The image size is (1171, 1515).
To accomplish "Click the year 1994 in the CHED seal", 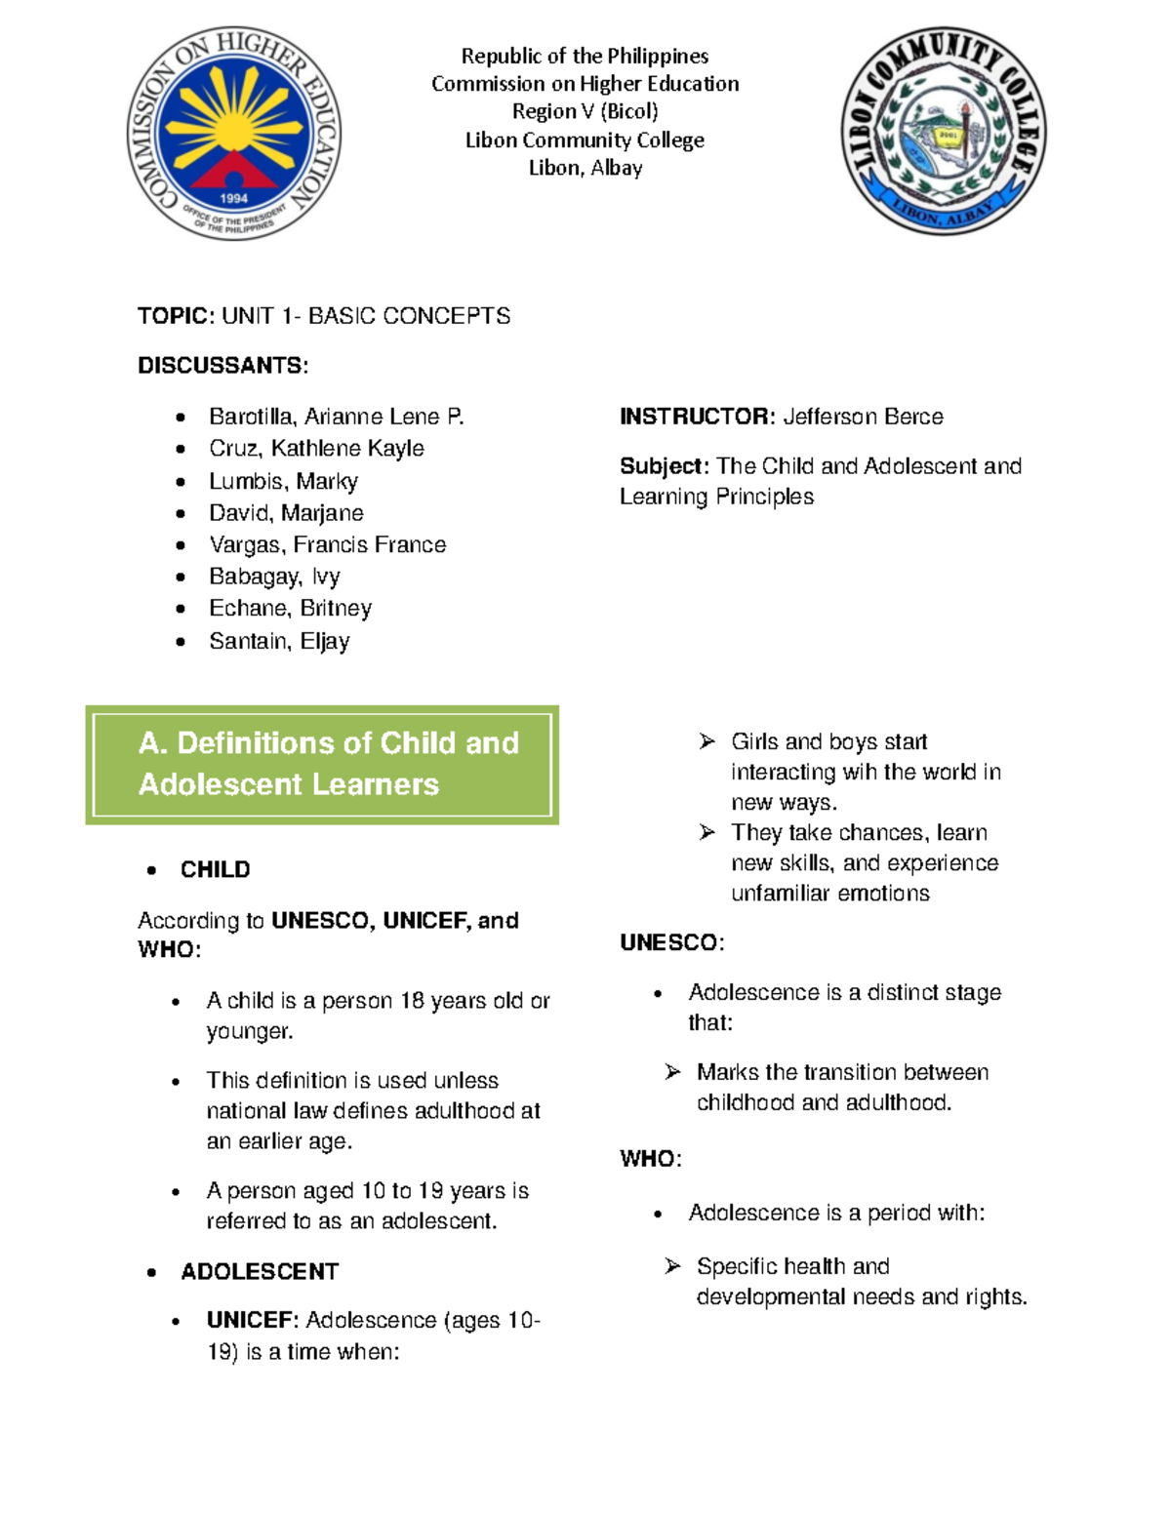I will [233, 198].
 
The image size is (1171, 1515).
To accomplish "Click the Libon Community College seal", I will [944, 131].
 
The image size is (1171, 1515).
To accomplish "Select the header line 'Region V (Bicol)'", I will [585, 111].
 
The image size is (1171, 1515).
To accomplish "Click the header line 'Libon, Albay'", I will [585, 168].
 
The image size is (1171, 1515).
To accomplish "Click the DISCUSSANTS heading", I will [222, 366].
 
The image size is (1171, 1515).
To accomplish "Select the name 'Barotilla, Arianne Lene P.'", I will [336, 417].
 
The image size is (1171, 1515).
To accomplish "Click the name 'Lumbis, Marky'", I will [283, 481].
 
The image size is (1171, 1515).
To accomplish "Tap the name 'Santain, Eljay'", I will [279, 641].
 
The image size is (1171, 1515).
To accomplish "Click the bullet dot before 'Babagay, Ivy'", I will [181, 578].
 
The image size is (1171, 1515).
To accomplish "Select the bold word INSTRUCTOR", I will [697, 417].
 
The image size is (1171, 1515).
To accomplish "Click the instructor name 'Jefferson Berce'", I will [863, 417].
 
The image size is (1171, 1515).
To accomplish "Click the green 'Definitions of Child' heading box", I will [322, 764].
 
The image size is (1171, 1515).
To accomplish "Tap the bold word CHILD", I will [215, 869].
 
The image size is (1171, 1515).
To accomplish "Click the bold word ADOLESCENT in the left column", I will [260, 1271].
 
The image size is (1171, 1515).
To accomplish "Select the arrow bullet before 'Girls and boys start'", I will [707, 742].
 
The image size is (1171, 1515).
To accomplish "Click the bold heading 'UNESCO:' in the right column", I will [671, 942].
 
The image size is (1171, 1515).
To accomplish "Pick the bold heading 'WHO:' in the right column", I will [650, 1159].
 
